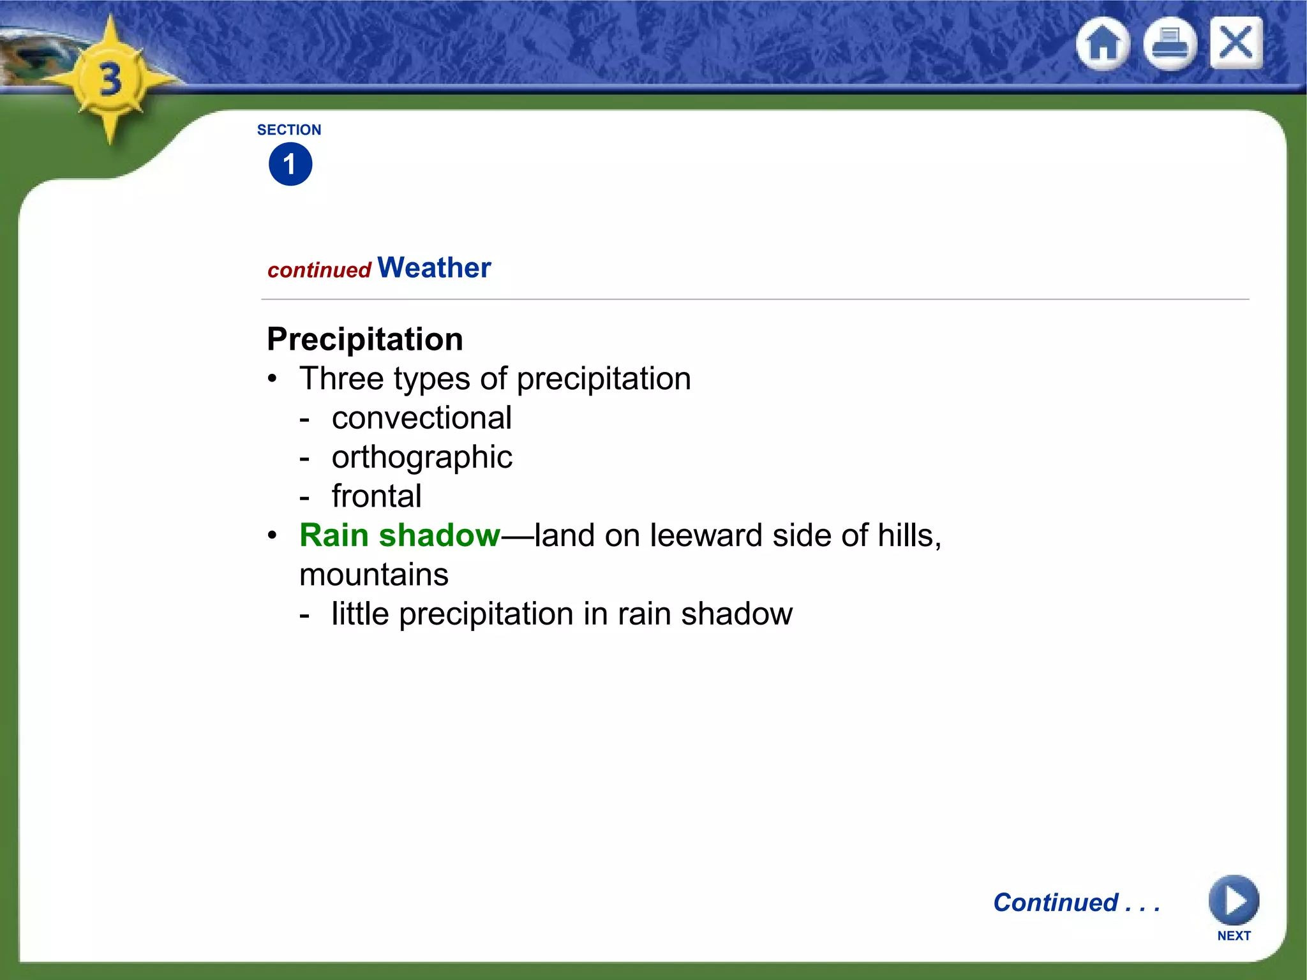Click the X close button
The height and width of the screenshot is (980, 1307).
(x=1236, y=43)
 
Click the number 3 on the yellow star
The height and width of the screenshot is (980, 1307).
(x=110, y=80)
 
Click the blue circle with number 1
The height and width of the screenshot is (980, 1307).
(x=290, y=164)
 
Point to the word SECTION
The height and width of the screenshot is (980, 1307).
(x=289, y=130)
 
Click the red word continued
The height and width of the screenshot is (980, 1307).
(x=319, y=270)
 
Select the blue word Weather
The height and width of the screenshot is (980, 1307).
(x=434, y=267)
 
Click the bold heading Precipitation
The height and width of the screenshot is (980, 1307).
(x=365, y=339)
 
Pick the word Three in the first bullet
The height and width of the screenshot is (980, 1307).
(x=341, y=378)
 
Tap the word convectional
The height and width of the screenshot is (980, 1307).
(x=421, y=418)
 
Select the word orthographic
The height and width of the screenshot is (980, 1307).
(x=422, y=457)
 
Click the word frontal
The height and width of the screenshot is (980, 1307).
(x=377, y=496)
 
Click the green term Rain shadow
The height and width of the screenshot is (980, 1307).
(x=400, y=535)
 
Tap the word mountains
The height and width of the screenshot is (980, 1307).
(x=374, y=575)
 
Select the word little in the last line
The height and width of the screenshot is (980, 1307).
(x=360, y=614)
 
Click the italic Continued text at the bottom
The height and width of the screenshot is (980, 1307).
(x=1076, y=902)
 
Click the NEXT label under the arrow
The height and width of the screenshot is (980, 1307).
(x=1234, y=935)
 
